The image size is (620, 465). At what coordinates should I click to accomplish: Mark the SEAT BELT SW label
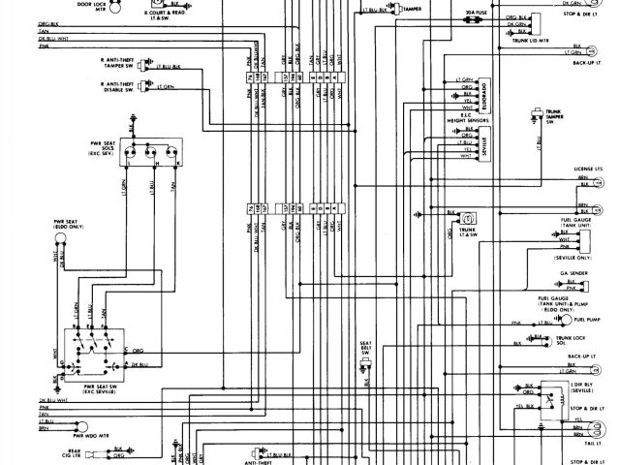click(x=366, y=348)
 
